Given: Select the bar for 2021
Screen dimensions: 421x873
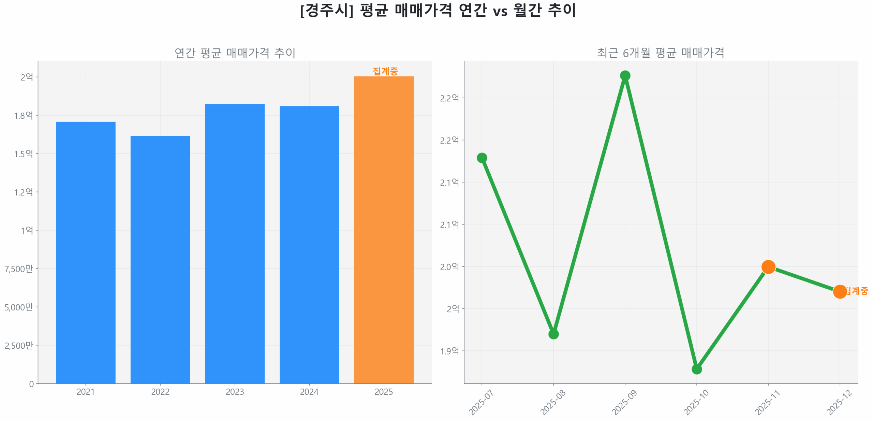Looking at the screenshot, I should pyautogui.click(x=86, y=252).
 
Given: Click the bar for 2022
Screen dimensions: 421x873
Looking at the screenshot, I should pyautogui.click(x=160, y=259).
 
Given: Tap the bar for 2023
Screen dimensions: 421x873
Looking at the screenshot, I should pyautogui.click(x=235, y=244).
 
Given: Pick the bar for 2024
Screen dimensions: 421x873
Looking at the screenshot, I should pyautogui.click(x=309, y=245).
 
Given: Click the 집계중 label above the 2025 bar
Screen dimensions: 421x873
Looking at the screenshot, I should pyautogui.click(x=385, y=71).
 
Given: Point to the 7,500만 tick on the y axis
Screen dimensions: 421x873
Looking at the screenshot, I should pyautogui.click(x=19, y=269).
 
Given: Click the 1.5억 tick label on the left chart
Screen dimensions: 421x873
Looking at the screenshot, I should pyautogui.click(x=24, y=154).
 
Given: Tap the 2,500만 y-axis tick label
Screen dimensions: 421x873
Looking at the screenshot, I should pyautogui.click(x=19, y=346).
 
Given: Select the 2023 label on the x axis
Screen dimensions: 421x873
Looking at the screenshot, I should pyautogui.click(x=235, y=392).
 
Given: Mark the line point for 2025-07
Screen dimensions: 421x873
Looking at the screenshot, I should pyautogui.click(x=482, y=158).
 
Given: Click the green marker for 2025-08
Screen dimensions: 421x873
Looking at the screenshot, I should pyautogui.click(x=553, y=334).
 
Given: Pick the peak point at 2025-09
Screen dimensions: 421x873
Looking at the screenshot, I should pyautogui.click(x=625, y=75).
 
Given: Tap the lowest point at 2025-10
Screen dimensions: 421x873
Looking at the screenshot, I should pyautogui.click(x=697, y=369).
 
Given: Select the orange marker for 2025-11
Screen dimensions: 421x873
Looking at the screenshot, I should pyautogui.click(x=768, y=267).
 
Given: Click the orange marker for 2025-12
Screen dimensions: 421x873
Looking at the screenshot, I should pyautogui.click(x=840, y=291).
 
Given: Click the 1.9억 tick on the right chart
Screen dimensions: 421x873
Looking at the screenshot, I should pyautogui.click(x=449, y=351).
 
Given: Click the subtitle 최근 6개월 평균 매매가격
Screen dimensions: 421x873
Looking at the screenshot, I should pyautogui.click(x=661, y=53).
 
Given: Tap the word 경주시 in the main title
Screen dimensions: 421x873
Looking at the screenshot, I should pyautogui.click(x=326, y=10).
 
